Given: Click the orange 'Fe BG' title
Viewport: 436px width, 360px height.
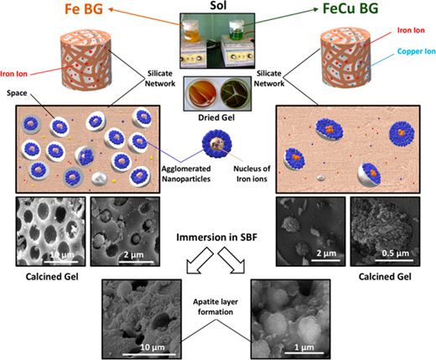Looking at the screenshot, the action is [x=84, y=8].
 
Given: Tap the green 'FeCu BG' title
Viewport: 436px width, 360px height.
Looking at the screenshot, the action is [x=350, y=8].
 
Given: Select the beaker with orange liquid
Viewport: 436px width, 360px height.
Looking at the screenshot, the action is [x=191, y=31].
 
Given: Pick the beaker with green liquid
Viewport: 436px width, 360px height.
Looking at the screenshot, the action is [x=236, y=30].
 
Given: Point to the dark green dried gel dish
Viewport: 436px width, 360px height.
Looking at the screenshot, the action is [x=235, y=93].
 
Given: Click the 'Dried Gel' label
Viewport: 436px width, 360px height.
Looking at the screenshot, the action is [x=216, y=117].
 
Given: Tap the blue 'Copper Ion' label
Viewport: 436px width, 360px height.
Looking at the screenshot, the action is [x=417, y=51].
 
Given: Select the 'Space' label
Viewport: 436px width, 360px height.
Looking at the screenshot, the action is [x=17, y=93].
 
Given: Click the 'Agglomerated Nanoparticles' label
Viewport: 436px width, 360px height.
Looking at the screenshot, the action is [x=186, y=174].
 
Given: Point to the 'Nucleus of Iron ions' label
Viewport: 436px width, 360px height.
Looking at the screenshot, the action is [x=252, y=174].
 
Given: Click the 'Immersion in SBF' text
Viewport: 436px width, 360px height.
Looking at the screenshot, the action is [x=216, y=237].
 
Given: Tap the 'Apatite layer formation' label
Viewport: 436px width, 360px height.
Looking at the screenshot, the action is [x=215, y=307].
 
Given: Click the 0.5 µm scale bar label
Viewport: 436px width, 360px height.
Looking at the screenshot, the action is [x=395, y=253].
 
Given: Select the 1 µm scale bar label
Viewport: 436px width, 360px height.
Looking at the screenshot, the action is [x=304, y=347].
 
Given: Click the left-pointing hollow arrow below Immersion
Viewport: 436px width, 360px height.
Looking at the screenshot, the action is [x=200, y=260].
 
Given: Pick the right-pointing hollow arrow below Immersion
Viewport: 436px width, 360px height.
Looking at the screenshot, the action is [x=231, y=260].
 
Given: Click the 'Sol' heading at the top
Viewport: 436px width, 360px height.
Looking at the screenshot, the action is [x=218, y=5].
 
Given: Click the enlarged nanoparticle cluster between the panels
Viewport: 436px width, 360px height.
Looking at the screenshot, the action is [x=217, y=144].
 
